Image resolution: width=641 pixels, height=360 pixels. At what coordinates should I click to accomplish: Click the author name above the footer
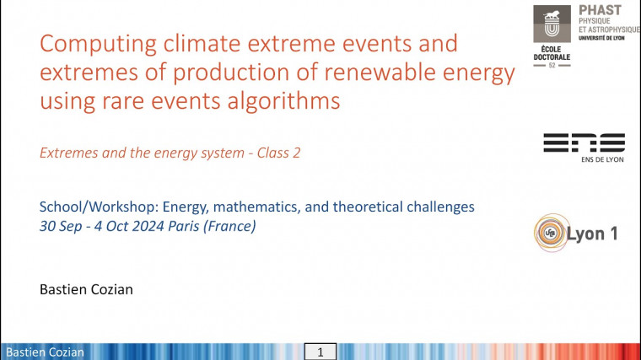[x=86, y=289]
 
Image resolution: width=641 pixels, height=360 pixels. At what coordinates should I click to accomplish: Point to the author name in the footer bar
[x=45, y=352]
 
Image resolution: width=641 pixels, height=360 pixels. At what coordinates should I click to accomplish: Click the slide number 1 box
[x=320, y=352]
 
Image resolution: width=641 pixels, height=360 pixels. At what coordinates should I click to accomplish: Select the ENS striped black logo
[x=584, y=142]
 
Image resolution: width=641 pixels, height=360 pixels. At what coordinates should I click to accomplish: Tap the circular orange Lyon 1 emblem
[x=550, y=233]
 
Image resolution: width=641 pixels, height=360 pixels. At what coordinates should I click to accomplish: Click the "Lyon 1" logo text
[x=595, y=233]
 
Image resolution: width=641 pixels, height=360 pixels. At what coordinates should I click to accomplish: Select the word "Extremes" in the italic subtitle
[x=69, y=153]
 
